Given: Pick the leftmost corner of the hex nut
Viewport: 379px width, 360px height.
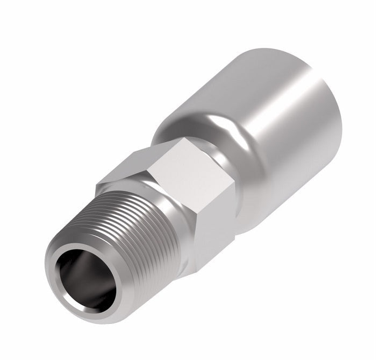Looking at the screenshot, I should tap(97, 186).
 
